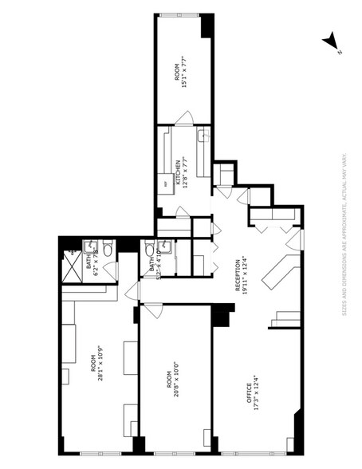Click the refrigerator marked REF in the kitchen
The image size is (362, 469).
(x=166, y=184)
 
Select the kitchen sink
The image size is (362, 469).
(x=204, y=137)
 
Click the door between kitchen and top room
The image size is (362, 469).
(x=184, y=120)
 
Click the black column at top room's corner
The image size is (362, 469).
(x=207, y=27)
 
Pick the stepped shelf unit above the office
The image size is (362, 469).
(x=285, y=320)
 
